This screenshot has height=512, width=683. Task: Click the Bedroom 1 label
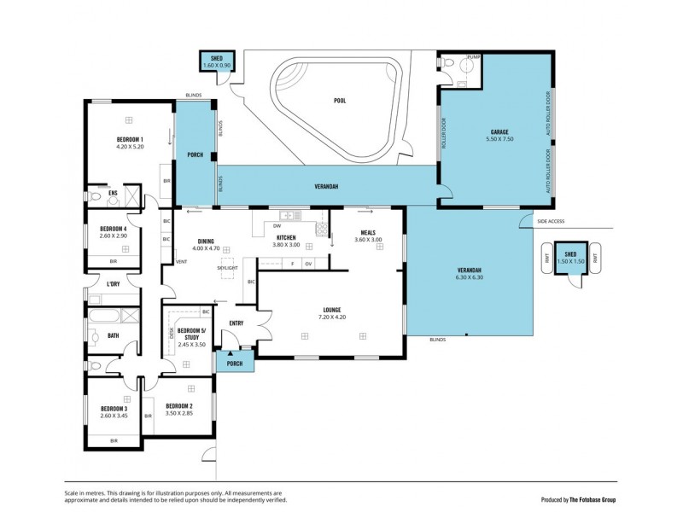(x=130, y=139)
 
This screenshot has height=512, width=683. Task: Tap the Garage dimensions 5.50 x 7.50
(x=499, y=139)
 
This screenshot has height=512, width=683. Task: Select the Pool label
(x=339, y=101)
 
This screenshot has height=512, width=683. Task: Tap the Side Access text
(x=552, y=221)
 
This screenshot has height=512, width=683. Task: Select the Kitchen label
(x=285, y=237)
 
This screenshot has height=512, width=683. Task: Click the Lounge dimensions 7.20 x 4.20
(x=332, y=317)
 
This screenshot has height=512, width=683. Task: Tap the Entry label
(x=236, y=323)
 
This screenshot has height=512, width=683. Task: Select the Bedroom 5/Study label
(x=193, y=333)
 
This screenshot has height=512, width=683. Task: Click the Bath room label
(x=113, y=335)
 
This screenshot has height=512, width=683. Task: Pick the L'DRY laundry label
(x=113, y=284)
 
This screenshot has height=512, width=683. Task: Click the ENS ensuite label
(x=113, y=194)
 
